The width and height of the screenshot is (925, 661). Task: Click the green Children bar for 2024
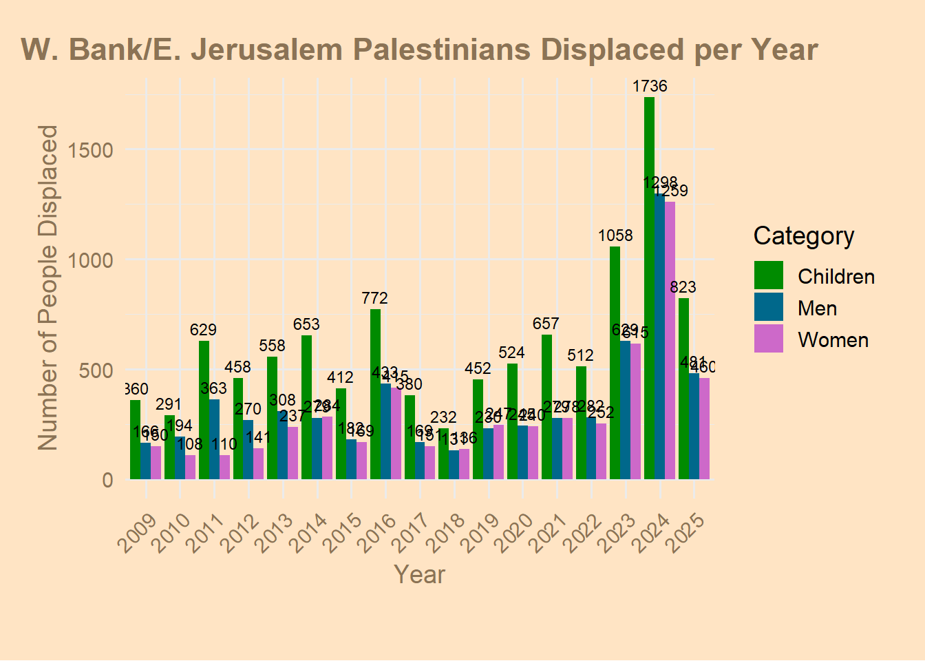coord(649,289)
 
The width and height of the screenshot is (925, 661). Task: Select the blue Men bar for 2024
coord(659,337)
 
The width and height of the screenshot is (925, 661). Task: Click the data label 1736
coord(650,87)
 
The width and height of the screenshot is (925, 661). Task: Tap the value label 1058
coord(615,236)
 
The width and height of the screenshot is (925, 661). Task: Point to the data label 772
coord(375,299)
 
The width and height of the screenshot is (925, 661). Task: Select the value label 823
coord(683,288)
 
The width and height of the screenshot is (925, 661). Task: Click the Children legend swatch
coord(769,275)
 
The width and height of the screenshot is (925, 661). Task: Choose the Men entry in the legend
coord(817,308)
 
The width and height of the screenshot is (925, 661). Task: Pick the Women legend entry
coord(833,340)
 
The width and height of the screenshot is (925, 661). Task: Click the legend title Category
coord(804,236)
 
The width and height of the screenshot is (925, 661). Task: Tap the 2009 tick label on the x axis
coord(137,533)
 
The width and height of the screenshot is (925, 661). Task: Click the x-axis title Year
coord(419,574)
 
